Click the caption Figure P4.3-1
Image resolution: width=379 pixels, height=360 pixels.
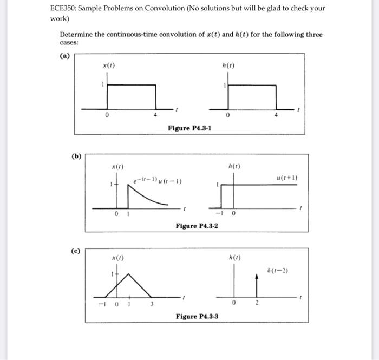point(190,128)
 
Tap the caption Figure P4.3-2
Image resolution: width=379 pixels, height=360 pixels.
point(197,226)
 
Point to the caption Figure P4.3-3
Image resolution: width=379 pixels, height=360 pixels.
point(197,316)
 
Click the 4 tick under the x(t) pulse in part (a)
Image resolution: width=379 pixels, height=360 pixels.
point(155,115)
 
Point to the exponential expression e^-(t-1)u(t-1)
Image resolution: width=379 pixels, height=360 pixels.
point(158,180)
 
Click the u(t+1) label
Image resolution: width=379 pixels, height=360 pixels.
point(287,178)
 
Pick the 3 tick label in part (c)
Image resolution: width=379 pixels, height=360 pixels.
point(152,304)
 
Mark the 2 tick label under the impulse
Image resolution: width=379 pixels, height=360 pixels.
point(258,304)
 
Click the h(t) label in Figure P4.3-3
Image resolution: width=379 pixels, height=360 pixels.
point(235,258)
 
